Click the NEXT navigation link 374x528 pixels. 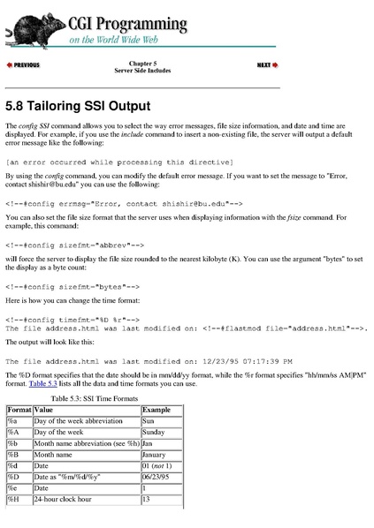267,65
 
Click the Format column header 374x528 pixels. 19,411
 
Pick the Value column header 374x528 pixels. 43,411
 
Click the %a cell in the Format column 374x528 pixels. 12,423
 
